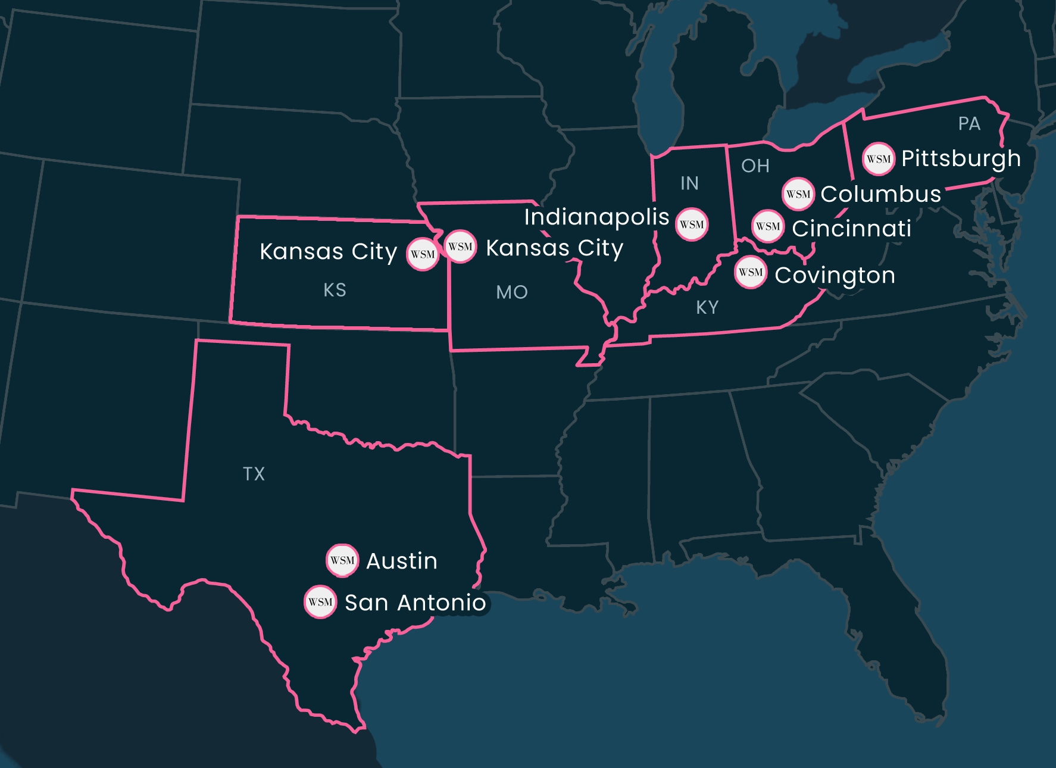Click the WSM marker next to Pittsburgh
point(878,159)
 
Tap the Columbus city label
point(880,194)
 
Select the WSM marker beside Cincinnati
point(768,226)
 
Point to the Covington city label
point(835,276)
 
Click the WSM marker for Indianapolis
point(692,224)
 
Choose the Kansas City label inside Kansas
point(328,252)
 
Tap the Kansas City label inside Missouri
point(554,248)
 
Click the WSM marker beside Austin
point(342,560)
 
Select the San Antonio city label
point(415,603)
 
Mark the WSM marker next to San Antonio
point(320,602)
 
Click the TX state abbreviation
point(254,474)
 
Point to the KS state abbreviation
point(335,290)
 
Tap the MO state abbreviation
point(512,292)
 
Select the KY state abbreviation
point(707,308)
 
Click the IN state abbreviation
point(689,183)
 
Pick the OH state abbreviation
point(755,166)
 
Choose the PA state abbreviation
point(969,124)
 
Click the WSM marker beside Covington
point(751,273)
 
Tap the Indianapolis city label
point(596,217)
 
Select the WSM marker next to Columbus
point(798,194)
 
